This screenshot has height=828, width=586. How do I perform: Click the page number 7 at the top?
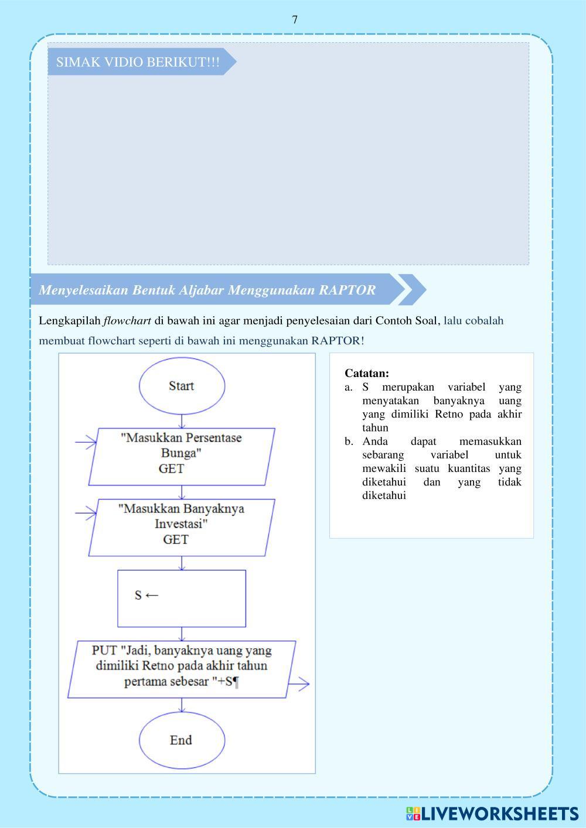[295, 20]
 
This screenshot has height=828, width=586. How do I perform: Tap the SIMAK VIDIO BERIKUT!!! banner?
[138, 62]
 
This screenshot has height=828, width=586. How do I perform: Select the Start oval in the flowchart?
[182, 386]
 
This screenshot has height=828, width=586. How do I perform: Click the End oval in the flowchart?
[182, 740]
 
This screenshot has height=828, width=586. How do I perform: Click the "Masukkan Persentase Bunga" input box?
[182, 456]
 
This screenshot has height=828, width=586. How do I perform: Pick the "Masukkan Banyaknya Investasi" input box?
[182, 527]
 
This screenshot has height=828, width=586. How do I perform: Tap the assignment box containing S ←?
[182, 598]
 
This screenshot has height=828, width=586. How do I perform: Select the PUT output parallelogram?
[182, 668]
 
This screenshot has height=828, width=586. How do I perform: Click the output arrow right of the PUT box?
[299, 683]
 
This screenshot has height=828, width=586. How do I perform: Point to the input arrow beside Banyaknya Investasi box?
[87, 514]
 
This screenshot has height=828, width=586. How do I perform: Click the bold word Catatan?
[367, 373]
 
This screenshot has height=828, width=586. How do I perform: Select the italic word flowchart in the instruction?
[127, 321]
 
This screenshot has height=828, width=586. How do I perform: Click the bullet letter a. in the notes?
[349, 387]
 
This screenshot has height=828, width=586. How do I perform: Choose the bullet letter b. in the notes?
[349, 442]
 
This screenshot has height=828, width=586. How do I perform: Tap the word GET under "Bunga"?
[171, 468]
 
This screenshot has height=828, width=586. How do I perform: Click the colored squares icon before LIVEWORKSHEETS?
[413, 813]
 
